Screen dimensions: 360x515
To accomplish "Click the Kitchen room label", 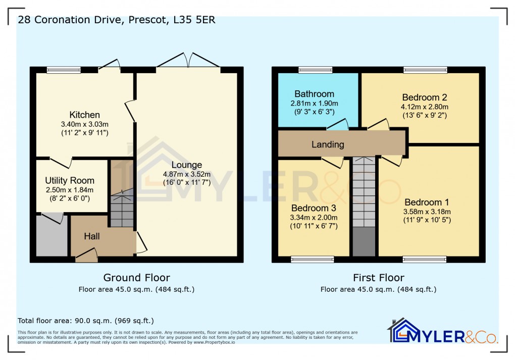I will click(84, 115).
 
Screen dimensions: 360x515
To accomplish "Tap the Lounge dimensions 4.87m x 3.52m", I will click(186, 174).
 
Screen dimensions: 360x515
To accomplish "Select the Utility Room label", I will click(70, 180).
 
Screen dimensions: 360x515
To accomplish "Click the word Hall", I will click(92, 236).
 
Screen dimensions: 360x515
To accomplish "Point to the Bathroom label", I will click(314, 94).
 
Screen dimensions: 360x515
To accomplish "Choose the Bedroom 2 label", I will click(424, 97).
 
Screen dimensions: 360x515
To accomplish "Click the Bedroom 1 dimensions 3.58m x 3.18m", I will click(427, 212).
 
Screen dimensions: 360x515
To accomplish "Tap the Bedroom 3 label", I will click(314, 208).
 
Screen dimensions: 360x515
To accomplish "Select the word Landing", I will click(328, 144).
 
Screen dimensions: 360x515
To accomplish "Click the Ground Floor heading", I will click(136, 278).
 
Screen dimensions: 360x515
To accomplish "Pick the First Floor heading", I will click(378, 278).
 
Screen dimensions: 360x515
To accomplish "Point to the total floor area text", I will click(86, 321).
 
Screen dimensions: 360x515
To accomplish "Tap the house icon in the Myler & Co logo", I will click(399, 330).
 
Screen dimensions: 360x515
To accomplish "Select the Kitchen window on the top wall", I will click(64, 70).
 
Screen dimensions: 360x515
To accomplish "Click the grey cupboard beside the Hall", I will click(52, 236).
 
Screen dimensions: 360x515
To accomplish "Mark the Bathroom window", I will click(315, 70).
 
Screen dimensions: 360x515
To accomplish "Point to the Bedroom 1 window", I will click(424, 260).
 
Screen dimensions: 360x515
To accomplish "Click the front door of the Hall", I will click(86, 258).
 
